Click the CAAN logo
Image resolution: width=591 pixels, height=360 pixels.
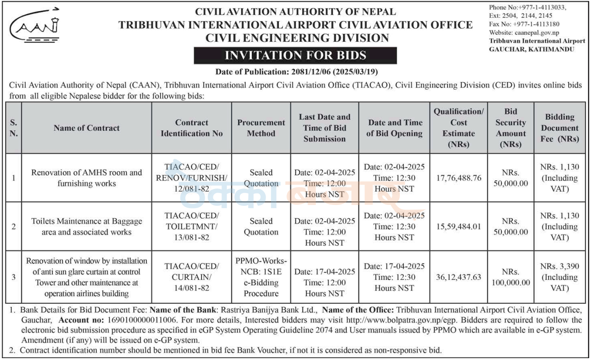point(34,25)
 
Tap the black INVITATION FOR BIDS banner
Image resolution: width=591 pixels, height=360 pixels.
point(295,55)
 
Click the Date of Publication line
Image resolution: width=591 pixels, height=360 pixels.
point(297,72)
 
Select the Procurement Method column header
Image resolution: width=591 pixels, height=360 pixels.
point(261,128)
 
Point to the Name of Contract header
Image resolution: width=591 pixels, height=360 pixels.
point(87,128)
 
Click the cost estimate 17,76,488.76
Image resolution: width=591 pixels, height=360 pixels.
point(459,178)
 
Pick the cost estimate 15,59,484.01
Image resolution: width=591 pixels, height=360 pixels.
point(459,226)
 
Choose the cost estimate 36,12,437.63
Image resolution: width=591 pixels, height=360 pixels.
point(459,277)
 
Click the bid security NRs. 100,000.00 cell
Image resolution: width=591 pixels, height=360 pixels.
point(510,277)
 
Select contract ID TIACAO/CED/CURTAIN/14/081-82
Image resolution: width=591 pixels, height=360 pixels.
point(191,277)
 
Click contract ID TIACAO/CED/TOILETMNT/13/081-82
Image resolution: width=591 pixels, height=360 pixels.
point(191,226)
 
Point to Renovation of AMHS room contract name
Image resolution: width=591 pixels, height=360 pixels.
point(87,178)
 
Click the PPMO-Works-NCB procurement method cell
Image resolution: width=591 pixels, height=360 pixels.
point(261,277)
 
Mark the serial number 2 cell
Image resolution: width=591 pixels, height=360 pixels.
point(14,226)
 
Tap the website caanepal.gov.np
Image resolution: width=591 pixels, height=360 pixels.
point(537,32)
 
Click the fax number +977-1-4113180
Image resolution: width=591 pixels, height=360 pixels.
point(536,24)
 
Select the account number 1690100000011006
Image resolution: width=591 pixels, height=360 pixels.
point(141,320)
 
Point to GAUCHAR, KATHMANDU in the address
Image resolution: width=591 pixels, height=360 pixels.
point(531,49)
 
